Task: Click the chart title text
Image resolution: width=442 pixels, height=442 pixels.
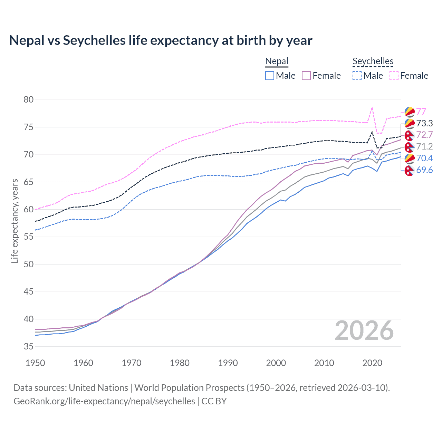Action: point(161,40)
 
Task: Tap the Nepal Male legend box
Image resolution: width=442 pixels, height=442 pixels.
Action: point(270,76)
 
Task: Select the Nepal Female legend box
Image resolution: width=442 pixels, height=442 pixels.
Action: point(306,76)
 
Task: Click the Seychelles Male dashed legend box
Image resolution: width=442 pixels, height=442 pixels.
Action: point(357,76)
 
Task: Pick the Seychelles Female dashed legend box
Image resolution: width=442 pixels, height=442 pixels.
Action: point(394,76)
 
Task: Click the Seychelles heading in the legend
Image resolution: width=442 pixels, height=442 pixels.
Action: point(373,61)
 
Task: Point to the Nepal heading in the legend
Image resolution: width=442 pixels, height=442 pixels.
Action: point(277,61)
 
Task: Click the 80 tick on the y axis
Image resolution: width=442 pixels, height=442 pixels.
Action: point(29,100)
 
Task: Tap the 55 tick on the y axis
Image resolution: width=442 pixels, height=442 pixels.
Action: point(29,237)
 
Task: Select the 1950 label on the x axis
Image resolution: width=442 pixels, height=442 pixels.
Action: point(35,363)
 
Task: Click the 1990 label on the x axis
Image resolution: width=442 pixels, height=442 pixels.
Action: point(228,363)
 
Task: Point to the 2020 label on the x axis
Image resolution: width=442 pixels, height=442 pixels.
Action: point(372,363)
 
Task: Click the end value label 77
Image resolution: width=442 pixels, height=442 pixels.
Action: point(421,112)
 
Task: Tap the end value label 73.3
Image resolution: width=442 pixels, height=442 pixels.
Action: point(424,123)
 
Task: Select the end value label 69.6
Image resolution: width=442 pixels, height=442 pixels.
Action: point(424,170)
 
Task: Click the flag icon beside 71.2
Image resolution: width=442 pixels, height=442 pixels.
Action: point(409,147)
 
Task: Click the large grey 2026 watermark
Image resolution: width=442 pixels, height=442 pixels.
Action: point(364,330)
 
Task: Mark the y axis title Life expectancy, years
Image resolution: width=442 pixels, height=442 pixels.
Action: point(15,221)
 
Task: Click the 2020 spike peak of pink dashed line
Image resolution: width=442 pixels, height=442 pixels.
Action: point(372,108)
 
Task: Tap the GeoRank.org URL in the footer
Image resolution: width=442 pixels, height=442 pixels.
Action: point(104,401)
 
